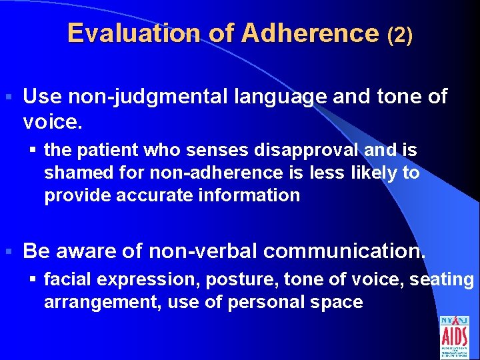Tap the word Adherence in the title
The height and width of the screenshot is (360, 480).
310,33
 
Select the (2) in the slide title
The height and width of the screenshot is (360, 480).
400,35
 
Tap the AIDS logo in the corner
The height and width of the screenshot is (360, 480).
454,336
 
